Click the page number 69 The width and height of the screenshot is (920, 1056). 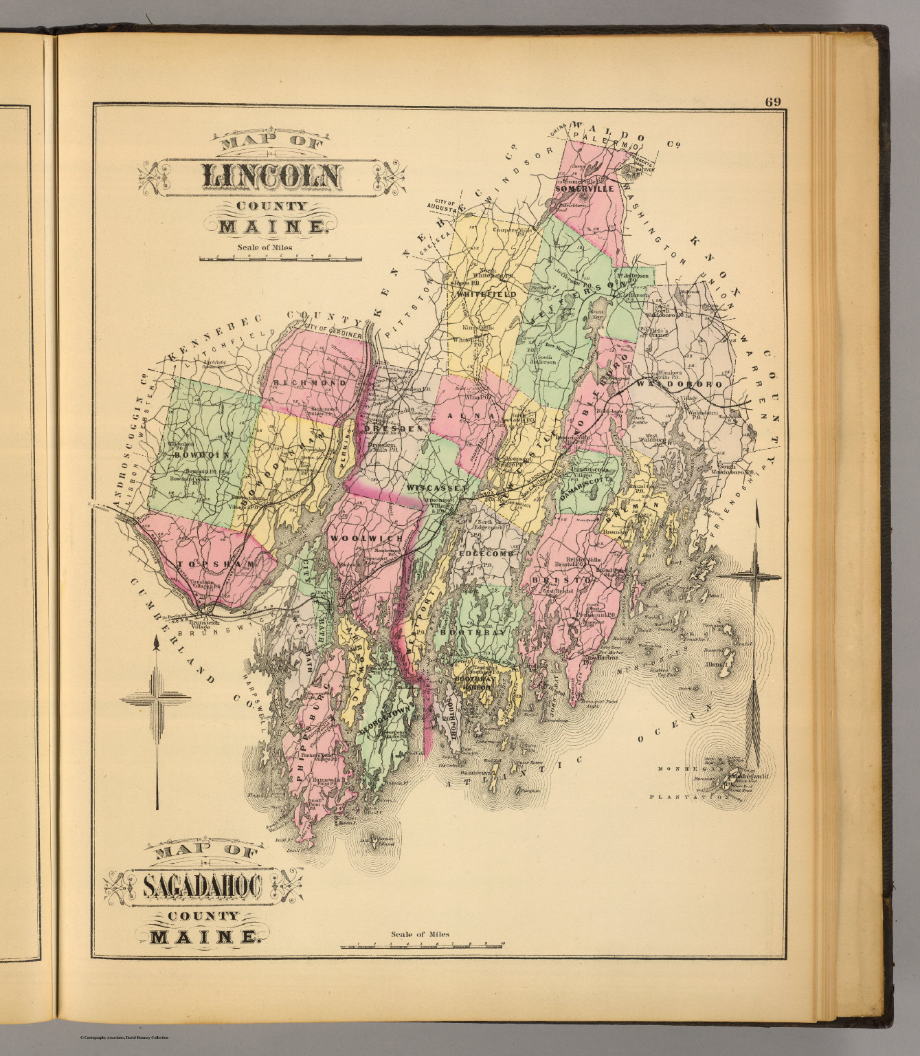772,102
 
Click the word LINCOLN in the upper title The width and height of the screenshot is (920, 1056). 270,177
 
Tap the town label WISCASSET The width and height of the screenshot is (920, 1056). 437,487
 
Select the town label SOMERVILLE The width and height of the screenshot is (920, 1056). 584,187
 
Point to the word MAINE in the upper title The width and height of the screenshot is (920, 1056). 271,226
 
